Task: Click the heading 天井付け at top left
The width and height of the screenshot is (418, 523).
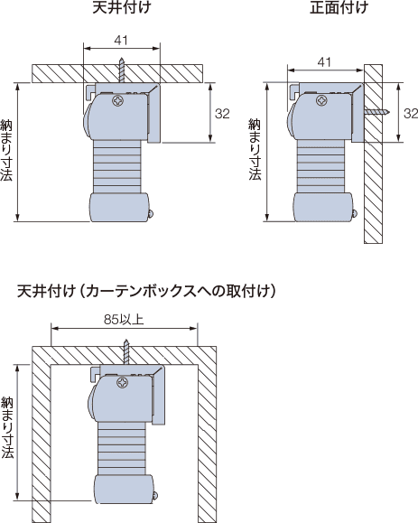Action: (121, 7)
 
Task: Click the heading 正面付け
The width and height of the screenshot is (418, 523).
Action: (339, 7)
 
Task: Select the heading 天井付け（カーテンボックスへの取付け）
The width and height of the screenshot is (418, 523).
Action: (146, 291)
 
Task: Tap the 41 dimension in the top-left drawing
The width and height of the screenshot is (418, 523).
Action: (121, 41)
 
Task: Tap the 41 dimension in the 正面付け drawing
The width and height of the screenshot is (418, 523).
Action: (324, 62)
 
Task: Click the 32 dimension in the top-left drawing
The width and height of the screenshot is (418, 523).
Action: (222, 114)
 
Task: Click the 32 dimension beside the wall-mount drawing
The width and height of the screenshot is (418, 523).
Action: (411, 114)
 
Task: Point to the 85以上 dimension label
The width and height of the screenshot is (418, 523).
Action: (124, 320)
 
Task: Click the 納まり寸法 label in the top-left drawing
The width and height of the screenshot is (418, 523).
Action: (6, 150)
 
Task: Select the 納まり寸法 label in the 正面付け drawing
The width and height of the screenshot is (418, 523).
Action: (255, 150)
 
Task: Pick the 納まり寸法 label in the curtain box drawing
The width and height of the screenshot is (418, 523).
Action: (7, 427)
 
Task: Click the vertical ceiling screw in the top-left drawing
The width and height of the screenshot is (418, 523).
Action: (122, 70)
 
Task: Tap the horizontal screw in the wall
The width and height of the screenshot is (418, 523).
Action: (376, 112)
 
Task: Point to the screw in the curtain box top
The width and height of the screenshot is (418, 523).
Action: (126, 352)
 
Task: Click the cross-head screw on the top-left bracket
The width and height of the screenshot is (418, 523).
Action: (117, 100)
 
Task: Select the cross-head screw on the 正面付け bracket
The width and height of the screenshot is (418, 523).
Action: (321, 100)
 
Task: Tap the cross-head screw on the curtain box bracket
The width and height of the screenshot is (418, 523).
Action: (123, 382)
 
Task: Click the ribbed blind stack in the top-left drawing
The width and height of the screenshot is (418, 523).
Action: (117, 167)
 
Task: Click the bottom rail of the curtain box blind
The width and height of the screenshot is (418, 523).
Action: (124, 489)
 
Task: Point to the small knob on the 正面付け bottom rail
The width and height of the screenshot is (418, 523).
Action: (355, 213)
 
